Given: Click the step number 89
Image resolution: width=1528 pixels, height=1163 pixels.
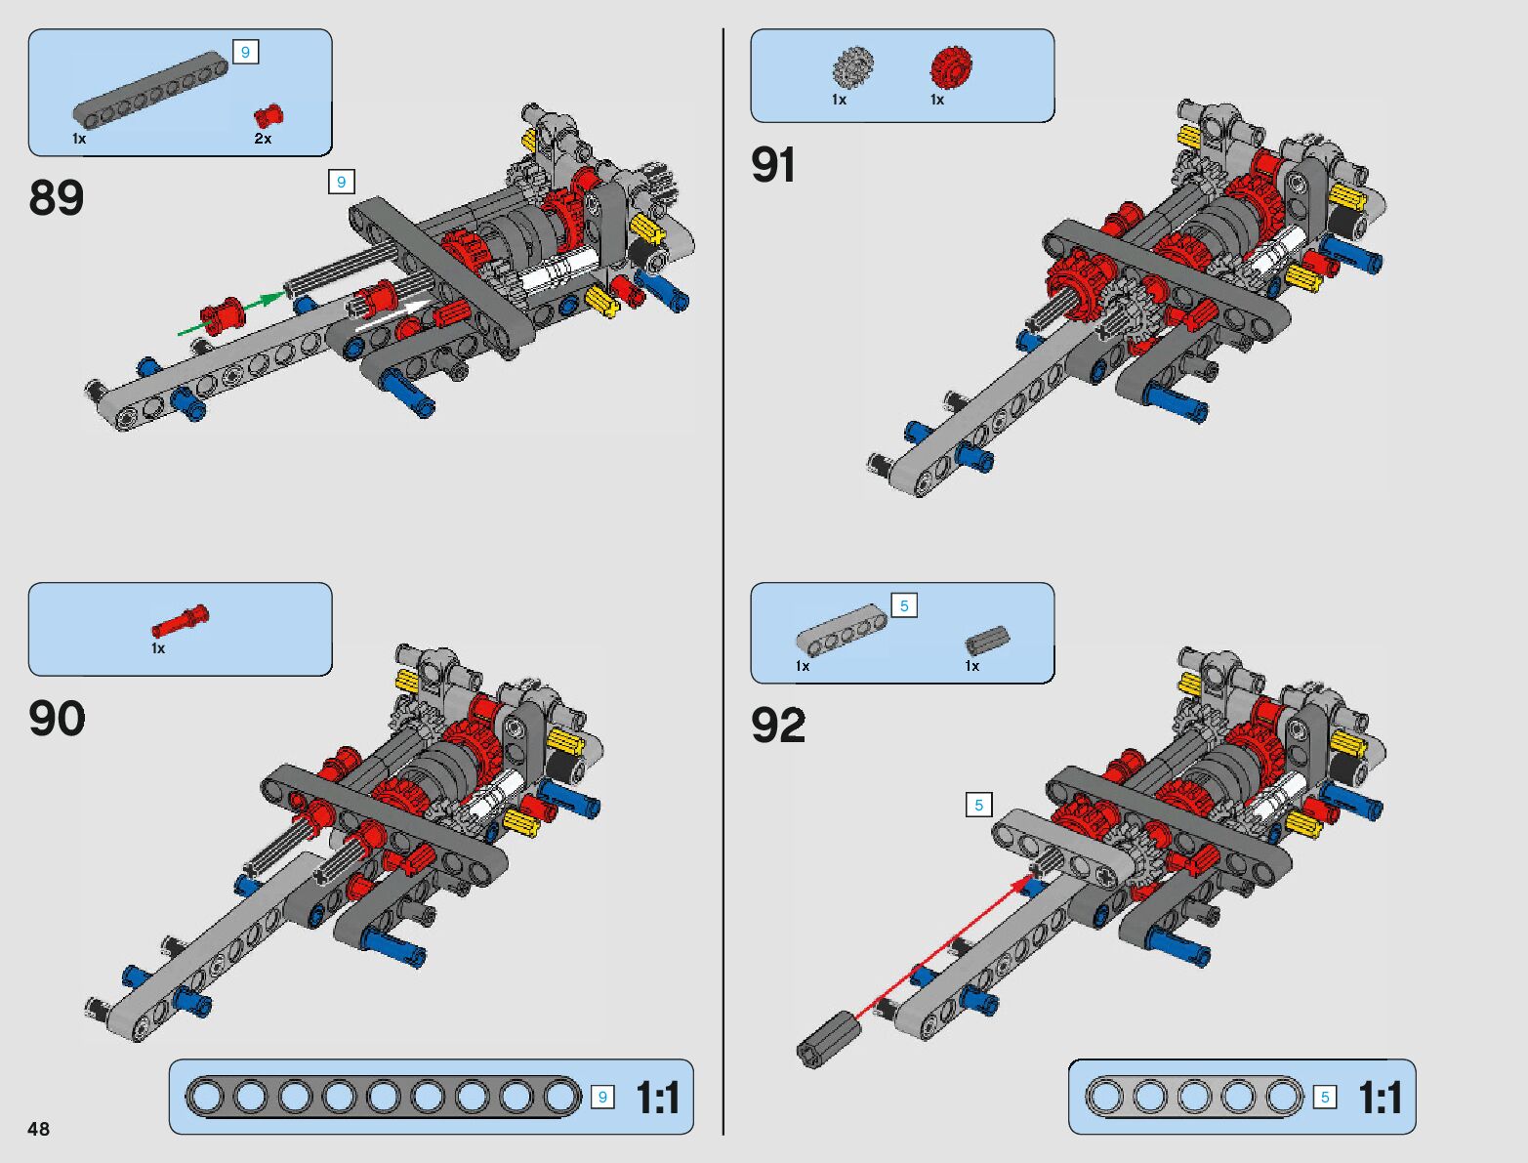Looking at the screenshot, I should pos(57,198).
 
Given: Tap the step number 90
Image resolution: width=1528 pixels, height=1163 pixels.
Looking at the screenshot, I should pos(57,720).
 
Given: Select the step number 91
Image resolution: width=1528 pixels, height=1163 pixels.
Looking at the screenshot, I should pos(773,165).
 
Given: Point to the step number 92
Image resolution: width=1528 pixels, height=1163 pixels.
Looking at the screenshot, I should pos(778,726).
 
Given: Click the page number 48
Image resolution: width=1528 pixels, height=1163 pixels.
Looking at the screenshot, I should pos(38,1129).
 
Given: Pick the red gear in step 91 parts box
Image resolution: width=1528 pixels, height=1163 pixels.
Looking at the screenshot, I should pos(949,67).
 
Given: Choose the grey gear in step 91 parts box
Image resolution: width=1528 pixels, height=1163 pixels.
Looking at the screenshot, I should pos(852,66).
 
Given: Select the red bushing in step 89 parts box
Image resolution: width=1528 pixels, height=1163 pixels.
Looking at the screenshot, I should pos(268,116).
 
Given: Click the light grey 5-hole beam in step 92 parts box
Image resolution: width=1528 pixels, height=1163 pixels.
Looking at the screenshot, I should pos(841,629).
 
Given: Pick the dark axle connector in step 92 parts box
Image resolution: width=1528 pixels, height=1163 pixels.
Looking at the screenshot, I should pos(987,640).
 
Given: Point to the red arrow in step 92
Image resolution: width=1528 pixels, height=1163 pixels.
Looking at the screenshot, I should pos(941,947).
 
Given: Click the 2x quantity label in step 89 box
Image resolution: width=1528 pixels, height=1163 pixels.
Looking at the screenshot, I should pos(263,139).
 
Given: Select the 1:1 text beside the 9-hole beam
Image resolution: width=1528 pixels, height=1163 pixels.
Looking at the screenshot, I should pos(658,1098).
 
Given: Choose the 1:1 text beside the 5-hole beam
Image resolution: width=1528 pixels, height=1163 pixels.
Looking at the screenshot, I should pos(1380,1098).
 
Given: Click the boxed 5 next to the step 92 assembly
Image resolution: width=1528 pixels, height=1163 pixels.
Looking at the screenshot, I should pos(978,805).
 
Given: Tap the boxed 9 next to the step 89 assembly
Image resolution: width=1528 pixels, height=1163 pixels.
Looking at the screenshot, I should pos(341,182).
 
